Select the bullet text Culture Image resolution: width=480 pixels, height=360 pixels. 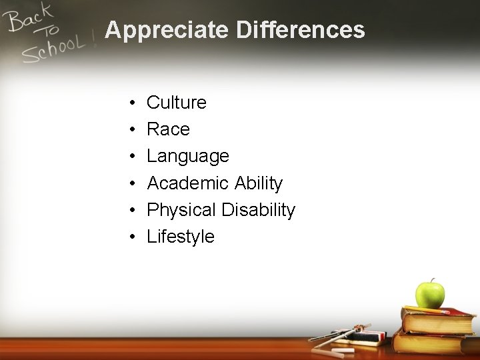(x=177, y=102)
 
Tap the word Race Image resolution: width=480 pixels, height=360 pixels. (x=168, y=129)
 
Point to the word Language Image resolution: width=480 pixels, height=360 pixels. (x=188, y=156)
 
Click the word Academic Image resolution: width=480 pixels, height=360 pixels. (x=189, y=183)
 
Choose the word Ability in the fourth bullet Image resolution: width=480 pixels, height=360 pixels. (x=259, y=183)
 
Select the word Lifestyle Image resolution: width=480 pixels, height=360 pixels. (x=181, y=237)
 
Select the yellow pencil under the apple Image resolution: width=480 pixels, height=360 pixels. (x=433, y=310)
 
